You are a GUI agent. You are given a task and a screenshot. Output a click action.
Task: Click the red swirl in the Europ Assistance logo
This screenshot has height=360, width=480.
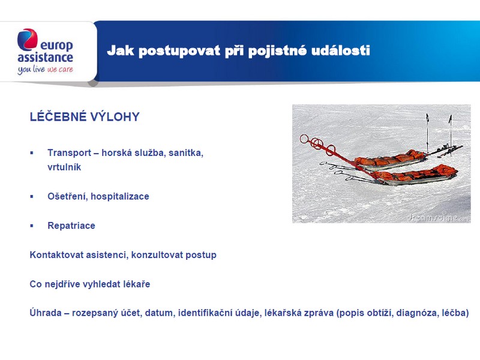[x=28, y=39]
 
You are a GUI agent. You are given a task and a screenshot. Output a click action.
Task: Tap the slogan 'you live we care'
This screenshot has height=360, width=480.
[x=46, y=70]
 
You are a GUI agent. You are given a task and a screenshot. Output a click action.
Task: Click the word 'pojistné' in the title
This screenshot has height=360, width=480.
[x=277, y=51]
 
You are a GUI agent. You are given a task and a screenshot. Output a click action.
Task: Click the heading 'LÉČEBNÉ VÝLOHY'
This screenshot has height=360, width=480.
[x=85, y=116]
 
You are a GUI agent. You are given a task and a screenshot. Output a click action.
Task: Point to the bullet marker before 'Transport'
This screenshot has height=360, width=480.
[x=32, y=153]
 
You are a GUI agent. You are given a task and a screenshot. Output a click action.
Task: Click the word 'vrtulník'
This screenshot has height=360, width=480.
[x=64, y=167]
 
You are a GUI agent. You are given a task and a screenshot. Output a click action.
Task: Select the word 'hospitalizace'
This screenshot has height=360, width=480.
[x=120, y=197]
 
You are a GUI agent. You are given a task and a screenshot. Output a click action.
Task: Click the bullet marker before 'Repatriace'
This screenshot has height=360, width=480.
[x=32, y=226]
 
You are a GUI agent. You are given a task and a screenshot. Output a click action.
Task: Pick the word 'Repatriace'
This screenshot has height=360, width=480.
[x=71, y=226]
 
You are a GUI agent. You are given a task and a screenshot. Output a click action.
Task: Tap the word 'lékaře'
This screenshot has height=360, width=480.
[x=137, y=284]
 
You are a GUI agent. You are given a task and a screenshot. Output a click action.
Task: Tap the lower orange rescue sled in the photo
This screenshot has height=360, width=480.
[x=415, y=175]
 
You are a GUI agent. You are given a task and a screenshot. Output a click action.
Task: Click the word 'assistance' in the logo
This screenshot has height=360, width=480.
[x=46, y=57]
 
